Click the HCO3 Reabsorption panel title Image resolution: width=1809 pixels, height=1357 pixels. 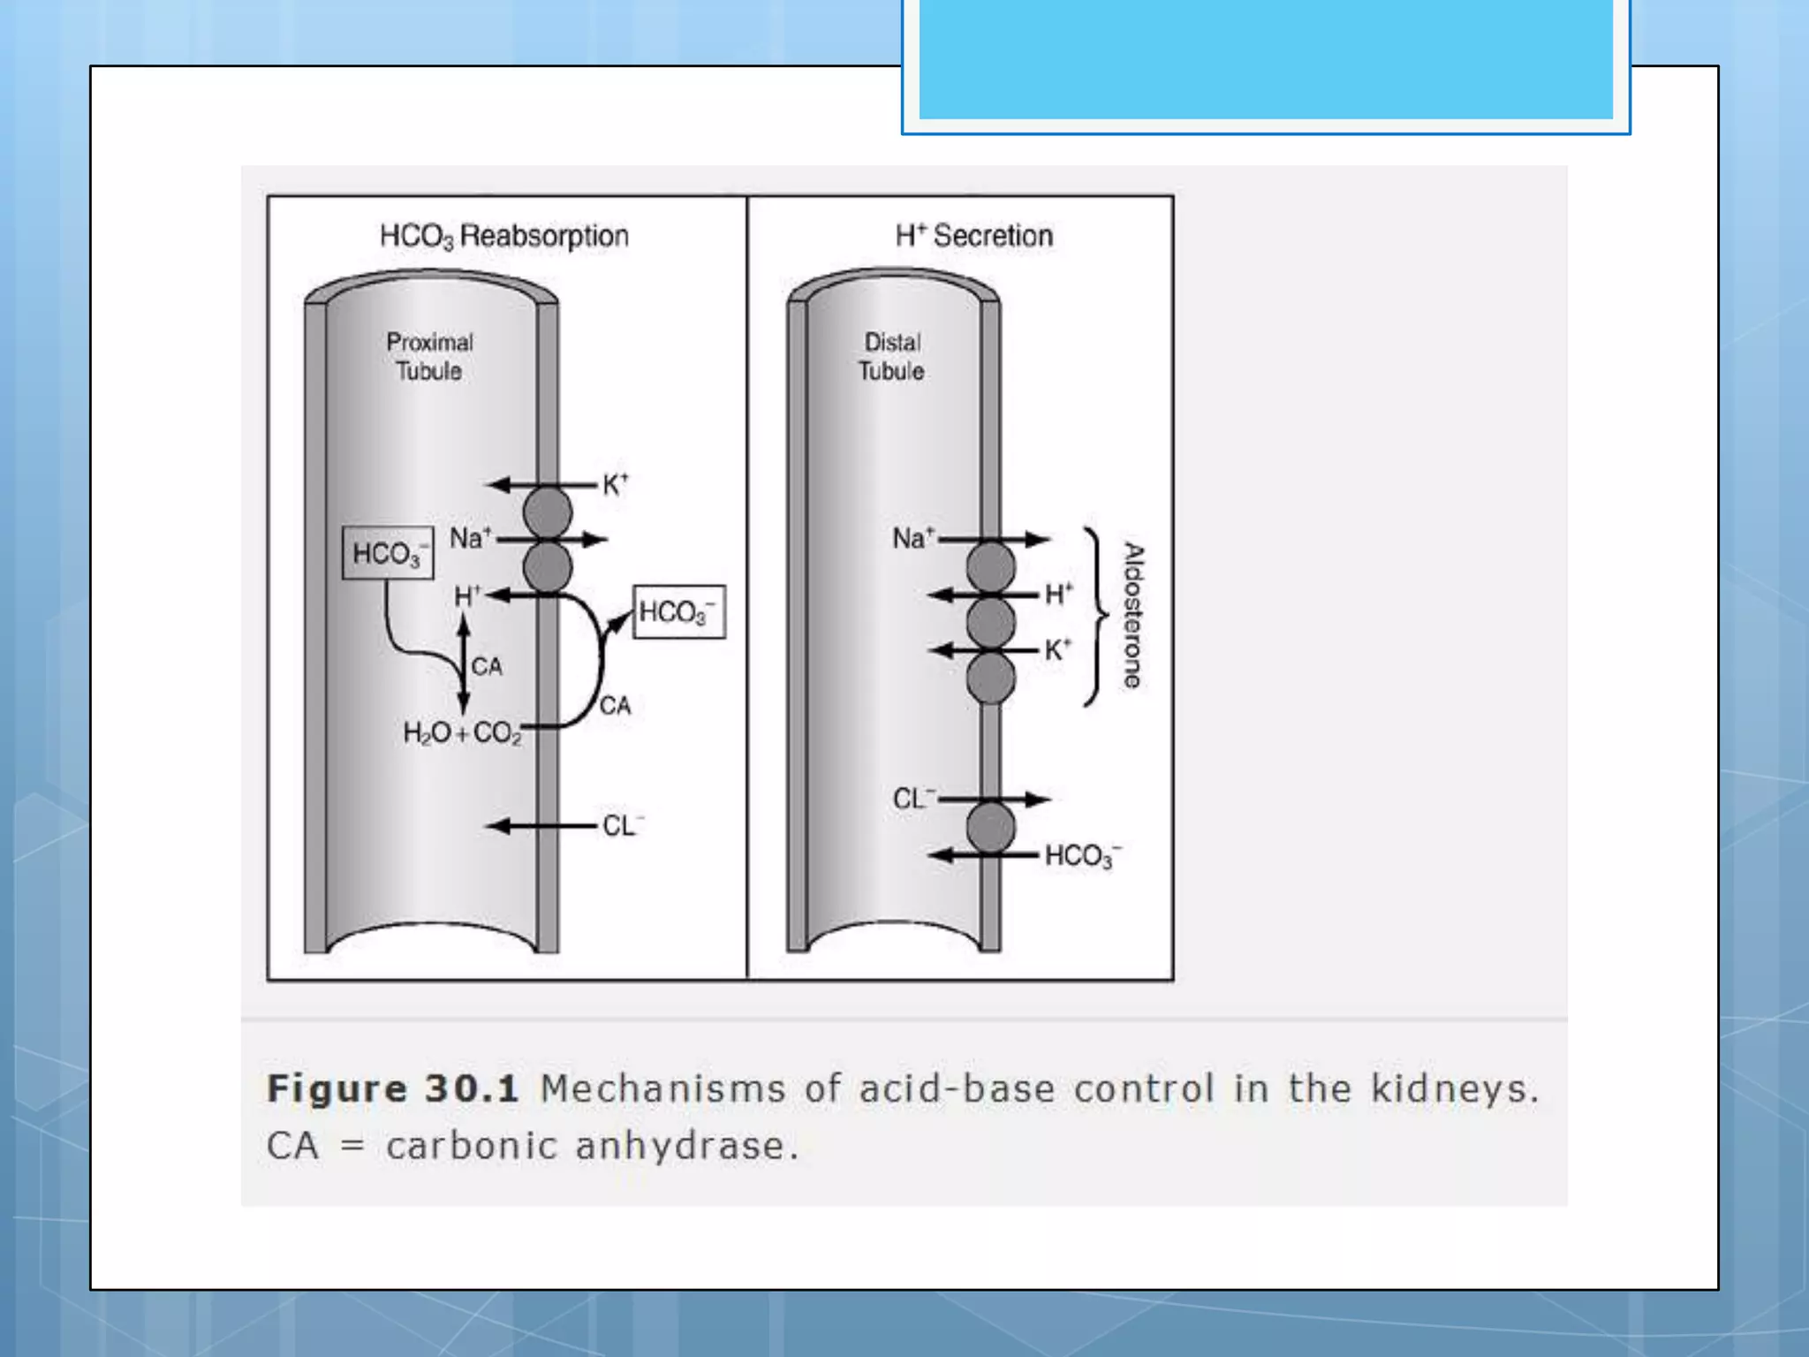(503, 236)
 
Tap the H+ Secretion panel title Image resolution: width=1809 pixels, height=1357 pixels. (973, 236)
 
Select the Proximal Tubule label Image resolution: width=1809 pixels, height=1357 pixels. (429, 356)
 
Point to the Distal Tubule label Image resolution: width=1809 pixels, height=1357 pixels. (891, 356)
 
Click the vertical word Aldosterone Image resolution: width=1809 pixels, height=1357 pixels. (1132, 616)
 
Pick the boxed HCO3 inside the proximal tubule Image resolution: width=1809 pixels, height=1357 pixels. (388, 554)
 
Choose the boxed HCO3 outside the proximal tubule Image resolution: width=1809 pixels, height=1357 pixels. (678, 612)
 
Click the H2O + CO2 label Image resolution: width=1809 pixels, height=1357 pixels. (462, 732)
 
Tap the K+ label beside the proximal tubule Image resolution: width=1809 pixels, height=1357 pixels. (615, 484)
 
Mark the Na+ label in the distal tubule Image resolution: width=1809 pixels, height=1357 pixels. (912, 538)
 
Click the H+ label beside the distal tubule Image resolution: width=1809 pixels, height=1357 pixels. (1058, 594)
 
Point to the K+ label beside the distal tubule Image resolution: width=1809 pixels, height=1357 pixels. (1057, 650)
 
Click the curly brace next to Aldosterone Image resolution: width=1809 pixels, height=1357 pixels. (1096, 616)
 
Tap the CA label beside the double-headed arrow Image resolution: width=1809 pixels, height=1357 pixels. (487, 666)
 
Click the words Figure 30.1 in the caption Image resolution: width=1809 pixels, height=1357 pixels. (392, 1088)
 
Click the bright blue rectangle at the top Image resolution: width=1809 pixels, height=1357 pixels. (1265, 58)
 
